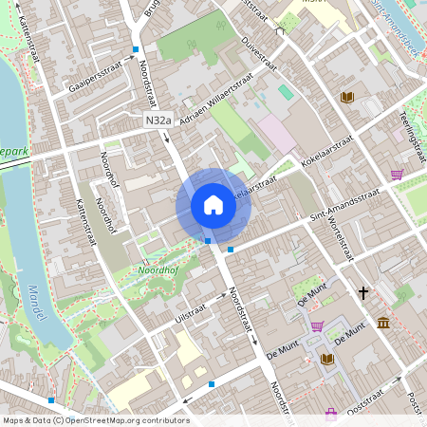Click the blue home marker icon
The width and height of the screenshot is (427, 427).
coord(213,204)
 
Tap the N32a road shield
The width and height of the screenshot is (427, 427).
coord(159,121)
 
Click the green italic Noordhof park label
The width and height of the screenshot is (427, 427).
coord(142,269)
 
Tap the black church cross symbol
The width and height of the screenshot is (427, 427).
coord(363,293)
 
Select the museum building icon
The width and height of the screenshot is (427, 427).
coord(382,324)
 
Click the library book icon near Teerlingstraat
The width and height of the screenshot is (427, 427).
coord(347,97)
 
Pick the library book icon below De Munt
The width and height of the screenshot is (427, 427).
coord(327,360)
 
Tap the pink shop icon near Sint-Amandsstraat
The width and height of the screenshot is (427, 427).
coord(397,175)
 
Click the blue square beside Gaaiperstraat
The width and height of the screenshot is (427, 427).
coord(136,49)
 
